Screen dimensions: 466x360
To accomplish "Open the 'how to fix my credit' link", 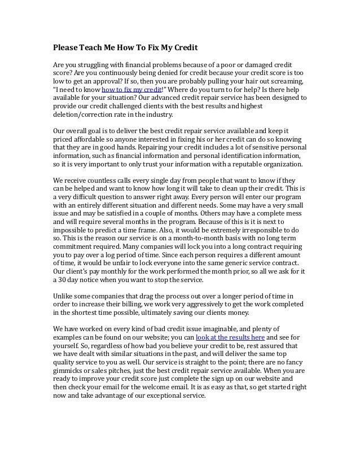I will (131, 89).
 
